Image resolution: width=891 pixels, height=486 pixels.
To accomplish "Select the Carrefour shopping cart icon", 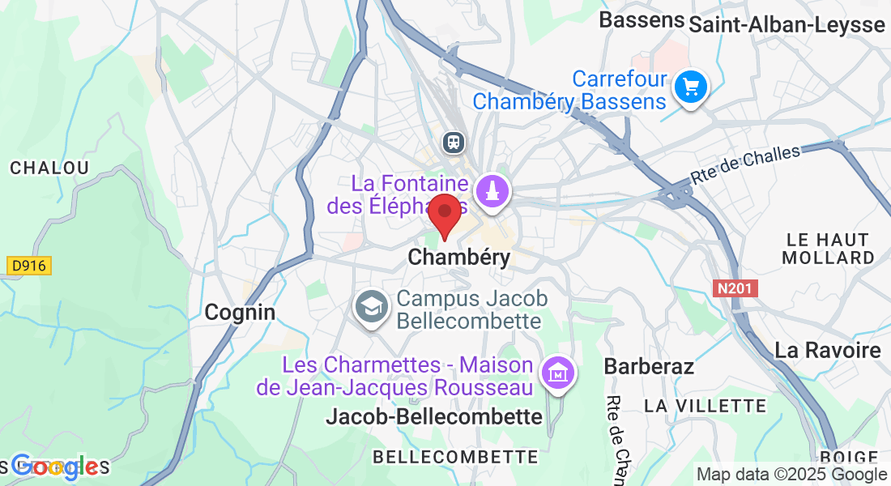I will click(x=691, y=86).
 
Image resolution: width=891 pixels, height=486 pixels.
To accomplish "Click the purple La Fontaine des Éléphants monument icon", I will click(x=492, y=192).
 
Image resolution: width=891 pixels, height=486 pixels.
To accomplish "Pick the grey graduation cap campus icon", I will click(x=372, y=307).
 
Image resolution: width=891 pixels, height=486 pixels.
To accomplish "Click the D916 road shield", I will click(x=29, y=266).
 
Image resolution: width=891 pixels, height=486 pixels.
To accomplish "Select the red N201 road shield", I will click(x=735, y=288).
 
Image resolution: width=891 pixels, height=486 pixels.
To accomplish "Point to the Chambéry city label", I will click(x=459, y=258).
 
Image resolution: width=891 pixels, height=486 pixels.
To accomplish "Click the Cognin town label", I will click(x=240, y=312).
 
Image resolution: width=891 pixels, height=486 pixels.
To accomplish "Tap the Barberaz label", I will click(x=649, y=366).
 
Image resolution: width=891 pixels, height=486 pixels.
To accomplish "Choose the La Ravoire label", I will click(x=827, y=351).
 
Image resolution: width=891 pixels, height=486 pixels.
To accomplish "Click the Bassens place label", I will click(x=642, y=20).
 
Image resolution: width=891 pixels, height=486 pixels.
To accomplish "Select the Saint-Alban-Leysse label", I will click(x=787, y=25).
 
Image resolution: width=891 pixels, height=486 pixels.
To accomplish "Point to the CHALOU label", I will click(x=49, y=168).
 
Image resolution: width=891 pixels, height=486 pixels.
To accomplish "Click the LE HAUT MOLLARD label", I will click(x=828, y=249).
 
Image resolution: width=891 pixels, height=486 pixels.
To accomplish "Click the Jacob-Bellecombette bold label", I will click(x=433, y=417).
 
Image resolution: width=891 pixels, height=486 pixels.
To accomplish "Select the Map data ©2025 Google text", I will click(x=792, y=475).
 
